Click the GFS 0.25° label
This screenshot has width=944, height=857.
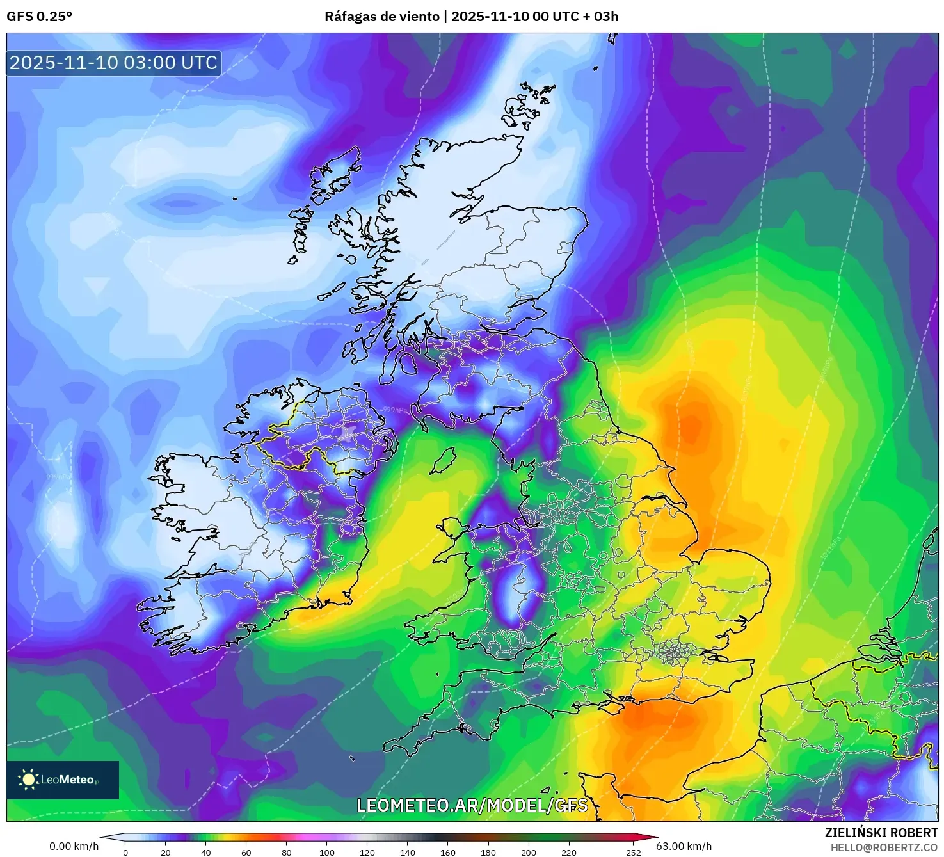click(x=39, y=17)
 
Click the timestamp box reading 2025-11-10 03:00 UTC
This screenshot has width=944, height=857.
click(x=113, y=63)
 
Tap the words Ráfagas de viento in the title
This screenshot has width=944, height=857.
click(x=382, y=17)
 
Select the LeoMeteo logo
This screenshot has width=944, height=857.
click(x=63, y=780)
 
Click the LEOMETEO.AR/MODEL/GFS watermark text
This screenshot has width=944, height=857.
click(x=472, y=805)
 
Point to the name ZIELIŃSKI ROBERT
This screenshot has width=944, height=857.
click(x=881, y=833)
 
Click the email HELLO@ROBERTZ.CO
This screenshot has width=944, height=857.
click(x=884, y=847)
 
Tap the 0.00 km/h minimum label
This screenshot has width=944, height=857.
click(x=74, y=846)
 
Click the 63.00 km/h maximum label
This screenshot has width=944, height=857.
click(x=684, y=846)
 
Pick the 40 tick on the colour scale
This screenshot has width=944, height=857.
click(x=206, y=852)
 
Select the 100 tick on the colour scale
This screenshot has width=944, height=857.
click(x=327, y=852)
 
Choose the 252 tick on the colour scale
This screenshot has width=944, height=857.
click(x=633, y=852)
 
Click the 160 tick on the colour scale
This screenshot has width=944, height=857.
click(x=448, y=852)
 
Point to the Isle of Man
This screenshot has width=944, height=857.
click(x=443, y=460)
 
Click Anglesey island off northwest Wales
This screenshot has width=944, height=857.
click(x=452, y=530)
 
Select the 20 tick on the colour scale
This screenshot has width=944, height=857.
click(x=166, y=852)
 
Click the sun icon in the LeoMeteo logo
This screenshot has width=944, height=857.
click(x=29, y=780)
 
